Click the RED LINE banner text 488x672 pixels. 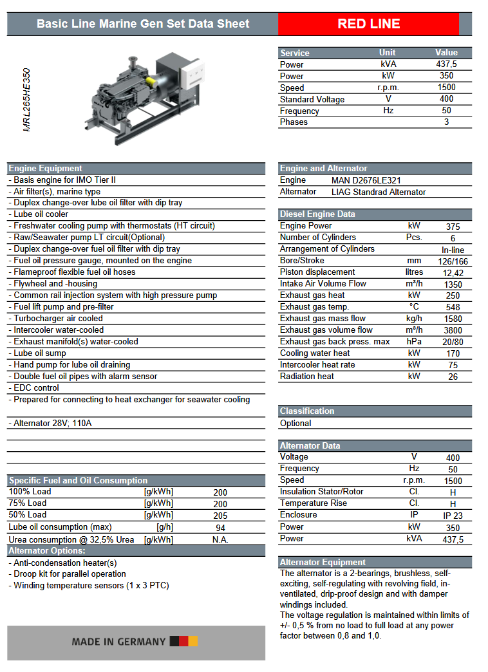pos(369,24)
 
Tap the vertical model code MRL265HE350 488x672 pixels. pos(26,100)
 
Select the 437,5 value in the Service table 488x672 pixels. pos(446,64)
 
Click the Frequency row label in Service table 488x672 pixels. pos(299,111)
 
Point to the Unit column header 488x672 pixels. pos(388,53)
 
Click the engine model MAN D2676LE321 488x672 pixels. pos(366,180)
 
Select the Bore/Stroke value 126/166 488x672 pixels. pos(453,261)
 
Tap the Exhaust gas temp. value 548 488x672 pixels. pos(453,307)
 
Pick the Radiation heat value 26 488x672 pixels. pos(453,377)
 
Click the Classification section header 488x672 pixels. pos(307,411)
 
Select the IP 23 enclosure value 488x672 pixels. pos(453,516)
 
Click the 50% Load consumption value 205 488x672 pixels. pos(220,516)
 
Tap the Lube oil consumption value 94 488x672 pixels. pos(220,528)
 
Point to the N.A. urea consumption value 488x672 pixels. pos(220,539)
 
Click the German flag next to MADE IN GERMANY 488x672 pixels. pos(183,641)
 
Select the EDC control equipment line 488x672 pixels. pos(36,388)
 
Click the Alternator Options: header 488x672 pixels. pos(47,551)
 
